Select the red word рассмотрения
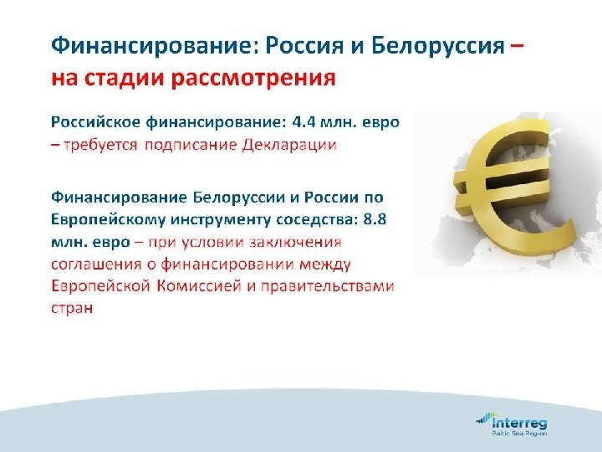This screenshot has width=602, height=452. (x=254, y=80)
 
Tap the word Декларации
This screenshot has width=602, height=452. (x=289, y=145)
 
